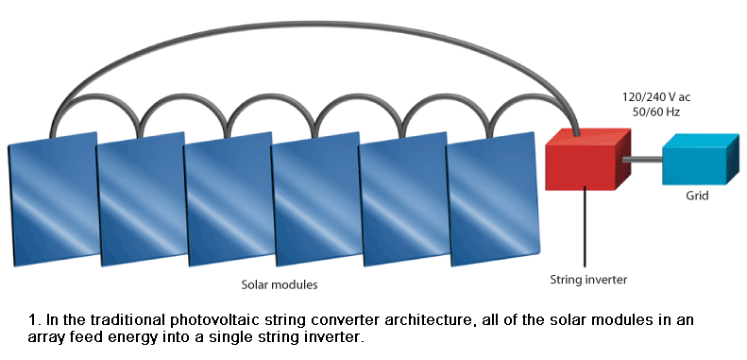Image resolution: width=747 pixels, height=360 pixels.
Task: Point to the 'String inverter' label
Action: [588, 280]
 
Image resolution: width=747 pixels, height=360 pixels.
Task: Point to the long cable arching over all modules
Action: [312, 20]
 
